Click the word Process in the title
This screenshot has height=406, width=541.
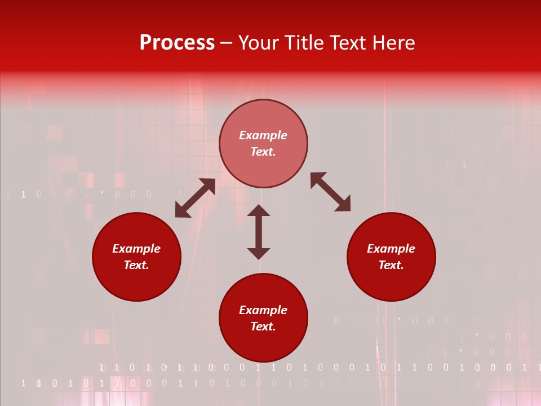point(177,43)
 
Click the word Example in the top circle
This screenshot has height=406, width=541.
point(263,135)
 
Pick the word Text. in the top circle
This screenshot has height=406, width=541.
point(263,152)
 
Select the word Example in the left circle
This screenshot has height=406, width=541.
point(136,249)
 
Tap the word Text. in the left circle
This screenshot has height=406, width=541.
point(136,265)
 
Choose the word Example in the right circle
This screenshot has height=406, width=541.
point(391,249)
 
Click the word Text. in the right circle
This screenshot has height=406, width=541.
point(391,265)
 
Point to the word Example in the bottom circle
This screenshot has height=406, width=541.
point(263,310)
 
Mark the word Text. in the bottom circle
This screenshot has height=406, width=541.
point(263,326)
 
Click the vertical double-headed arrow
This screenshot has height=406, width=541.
point(259,232)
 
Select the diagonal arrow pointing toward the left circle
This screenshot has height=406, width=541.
point(195,198)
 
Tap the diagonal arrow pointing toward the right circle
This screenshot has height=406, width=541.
point(330,192)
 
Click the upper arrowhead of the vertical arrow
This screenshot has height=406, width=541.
point(259,210)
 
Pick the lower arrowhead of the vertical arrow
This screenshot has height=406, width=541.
point(259,253)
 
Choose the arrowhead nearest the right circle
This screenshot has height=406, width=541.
point(344,205)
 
